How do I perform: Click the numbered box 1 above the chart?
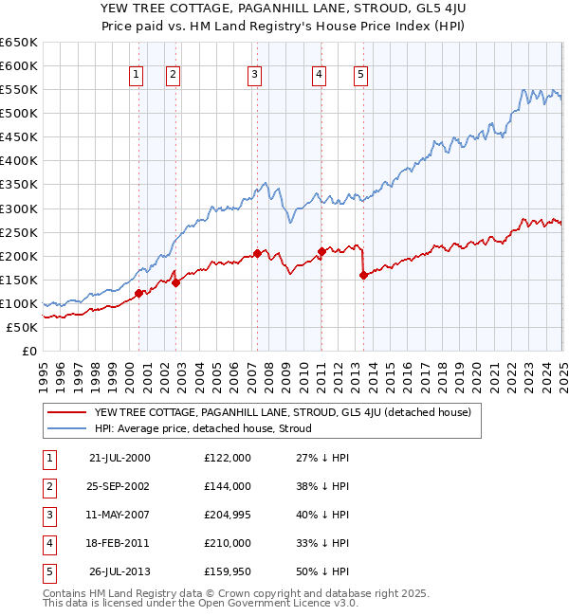pos(137,75)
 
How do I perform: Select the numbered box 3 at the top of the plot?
pos(255,75)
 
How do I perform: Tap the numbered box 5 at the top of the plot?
pos(361,75)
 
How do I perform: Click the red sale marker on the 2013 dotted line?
pos(363,275)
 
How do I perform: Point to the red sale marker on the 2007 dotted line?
pos(257,253)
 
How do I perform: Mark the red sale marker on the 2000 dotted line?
pos(139,293)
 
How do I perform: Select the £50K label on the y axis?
pos(22,327)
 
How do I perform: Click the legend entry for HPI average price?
pos(203,428)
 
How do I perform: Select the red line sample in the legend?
pos(66,412)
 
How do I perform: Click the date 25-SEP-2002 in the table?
pos(119,485)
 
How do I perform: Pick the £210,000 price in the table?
pos(228,543)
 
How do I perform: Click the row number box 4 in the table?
pos(49,543)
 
